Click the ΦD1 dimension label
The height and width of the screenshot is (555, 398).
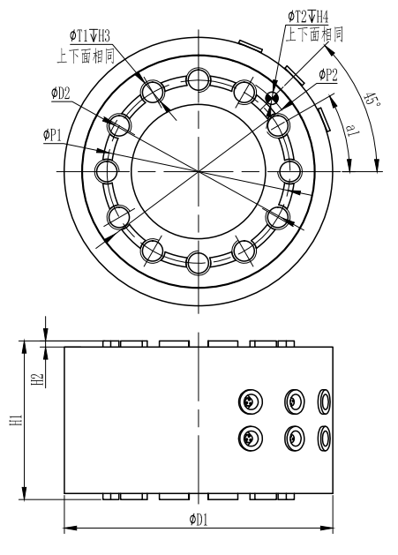pos(199,519)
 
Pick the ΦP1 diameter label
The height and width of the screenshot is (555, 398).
pos(54,135)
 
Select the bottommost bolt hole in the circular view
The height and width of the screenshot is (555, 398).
pos(199,260)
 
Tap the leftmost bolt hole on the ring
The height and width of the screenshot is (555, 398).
pos(108,169)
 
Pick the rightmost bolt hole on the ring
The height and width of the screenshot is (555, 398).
pos(290,169)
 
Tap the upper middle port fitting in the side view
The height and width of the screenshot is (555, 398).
pos(295,402)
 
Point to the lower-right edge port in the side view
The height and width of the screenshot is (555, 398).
pos(324,436)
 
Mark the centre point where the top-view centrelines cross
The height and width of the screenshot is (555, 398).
pos(199,169)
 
